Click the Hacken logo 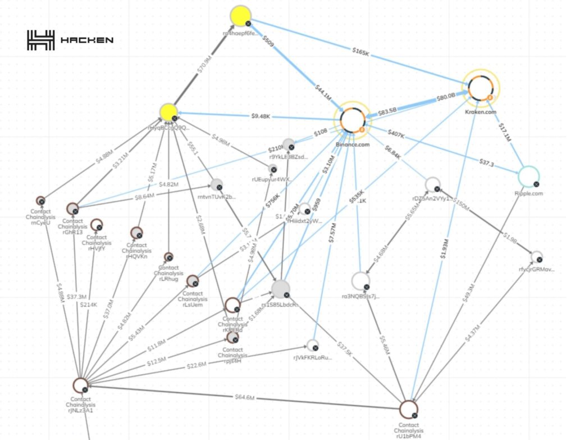coord(70,40)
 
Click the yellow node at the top coord(241,16)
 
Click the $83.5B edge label coord(387,111)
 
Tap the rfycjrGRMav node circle coord(537,257)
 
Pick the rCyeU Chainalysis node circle coord(40,200)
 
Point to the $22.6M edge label coord(196,366)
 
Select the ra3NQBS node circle coord(360,280)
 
